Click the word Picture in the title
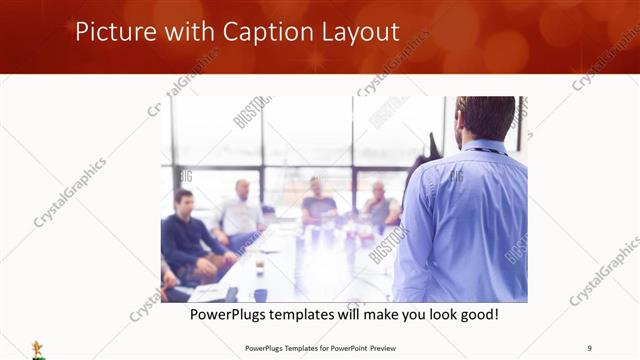pos(112,33)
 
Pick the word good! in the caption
pos(477,315)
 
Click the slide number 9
pos(589,347)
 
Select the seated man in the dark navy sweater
pos(188,235)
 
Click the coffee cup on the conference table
pos(259,267)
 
